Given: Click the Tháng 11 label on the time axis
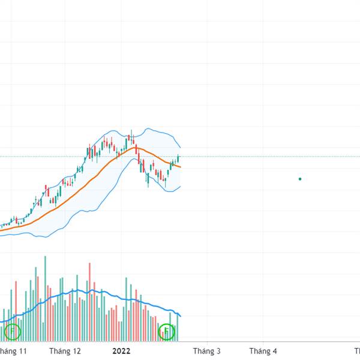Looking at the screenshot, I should (x=13, y=351).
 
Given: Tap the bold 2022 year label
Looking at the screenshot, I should (x=121, y=351).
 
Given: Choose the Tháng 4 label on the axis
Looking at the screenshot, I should (x=263, y=351).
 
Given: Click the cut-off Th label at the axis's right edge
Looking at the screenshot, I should (x=356, y=351).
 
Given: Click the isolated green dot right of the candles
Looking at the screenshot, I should (x=300, y=179).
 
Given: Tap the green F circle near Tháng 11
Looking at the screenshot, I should (x=12, y=331).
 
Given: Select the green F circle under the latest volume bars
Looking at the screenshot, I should (x=166, y=331).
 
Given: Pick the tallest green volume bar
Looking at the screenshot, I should (x=45, y=300).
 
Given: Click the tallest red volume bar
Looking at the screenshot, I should (x=89, y=303).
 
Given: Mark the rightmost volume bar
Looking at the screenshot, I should (x=178, y=328).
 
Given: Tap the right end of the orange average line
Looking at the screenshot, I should (x=180, y=167).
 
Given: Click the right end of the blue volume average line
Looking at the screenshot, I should (x=180, y=316).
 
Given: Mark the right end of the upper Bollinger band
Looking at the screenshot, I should (x=180, y=147).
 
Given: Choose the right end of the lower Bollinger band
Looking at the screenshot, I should (x=180, y=186).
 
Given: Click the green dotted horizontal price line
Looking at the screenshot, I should (x=270, y=157).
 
